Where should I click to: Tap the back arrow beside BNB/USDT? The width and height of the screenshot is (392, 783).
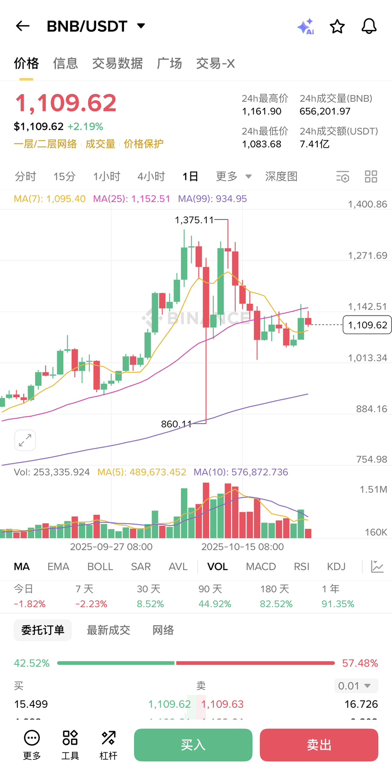point(23,26)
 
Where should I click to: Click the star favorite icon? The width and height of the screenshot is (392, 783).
point(337,26)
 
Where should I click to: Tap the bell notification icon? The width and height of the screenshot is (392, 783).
point(369,26)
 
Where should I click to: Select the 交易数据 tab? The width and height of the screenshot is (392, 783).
point(117,63)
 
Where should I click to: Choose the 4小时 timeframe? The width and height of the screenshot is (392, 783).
point(151,176)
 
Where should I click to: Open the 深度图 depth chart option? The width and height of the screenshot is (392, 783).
point(281,176)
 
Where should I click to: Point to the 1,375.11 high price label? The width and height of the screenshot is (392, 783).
point(194,220)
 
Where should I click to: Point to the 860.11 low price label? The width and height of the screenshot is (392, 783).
point(176,424)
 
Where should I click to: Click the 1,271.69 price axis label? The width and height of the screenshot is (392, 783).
point(367,255)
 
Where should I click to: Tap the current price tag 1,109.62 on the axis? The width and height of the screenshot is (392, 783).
point(367,325)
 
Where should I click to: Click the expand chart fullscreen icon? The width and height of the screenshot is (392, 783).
point(25,440)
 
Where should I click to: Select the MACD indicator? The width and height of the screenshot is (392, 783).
point(261,566)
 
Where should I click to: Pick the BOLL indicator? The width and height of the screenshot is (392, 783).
point(100,566)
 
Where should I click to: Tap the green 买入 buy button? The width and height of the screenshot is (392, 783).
point(193,745)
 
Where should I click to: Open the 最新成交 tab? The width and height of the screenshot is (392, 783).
point(108,630)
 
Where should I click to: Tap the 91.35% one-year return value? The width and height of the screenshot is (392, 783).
point(338,604)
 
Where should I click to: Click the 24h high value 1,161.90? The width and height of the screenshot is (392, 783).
point(262,111)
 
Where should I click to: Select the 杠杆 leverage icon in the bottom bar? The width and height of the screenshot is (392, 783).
point(108,745)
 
